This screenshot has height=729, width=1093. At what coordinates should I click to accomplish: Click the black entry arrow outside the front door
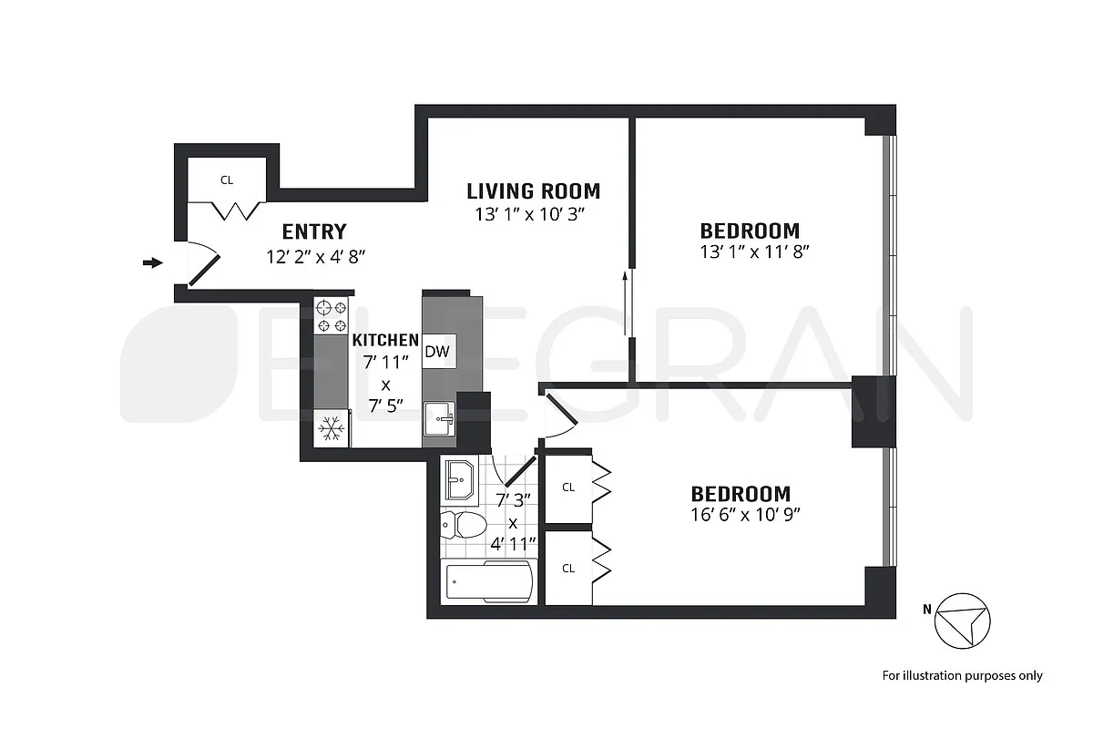[152, 263]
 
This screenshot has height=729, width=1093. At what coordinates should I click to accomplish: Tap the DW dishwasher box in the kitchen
[437, 352]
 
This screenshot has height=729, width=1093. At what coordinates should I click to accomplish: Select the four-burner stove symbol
[332, 316]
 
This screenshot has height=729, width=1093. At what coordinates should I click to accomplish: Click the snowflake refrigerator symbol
[331, 427]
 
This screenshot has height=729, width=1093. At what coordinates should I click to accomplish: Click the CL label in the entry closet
[227, 180]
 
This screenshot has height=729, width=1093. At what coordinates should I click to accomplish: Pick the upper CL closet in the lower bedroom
[568, 488]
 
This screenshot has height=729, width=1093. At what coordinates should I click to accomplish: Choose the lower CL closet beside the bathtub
[568, 568]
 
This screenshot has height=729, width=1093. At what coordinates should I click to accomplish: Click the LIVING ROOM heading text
[533, 191]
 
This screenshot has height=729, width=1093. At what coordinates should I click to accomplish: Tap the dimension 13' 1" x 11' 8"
[750, 252]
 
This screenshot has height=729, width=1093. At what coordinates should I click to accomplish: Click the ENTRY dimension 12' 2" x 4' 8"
[313, 256]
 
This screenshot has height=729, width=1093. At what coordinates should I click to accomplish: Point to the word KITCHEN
[385, 340]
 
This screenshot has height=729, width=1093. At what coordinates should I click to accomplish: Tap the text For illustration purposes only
[962, 676]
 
